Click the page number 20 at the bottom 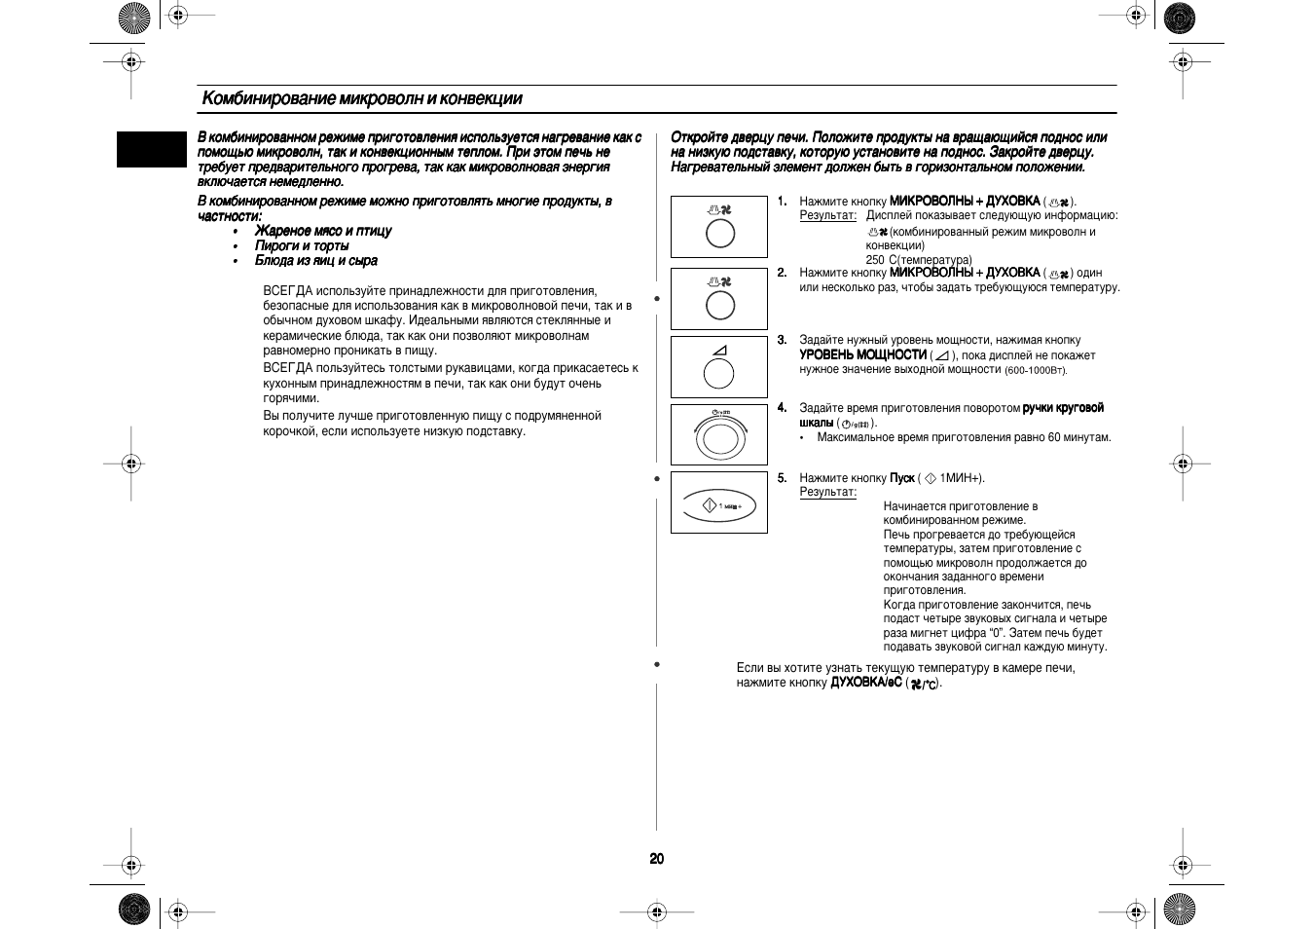click(657, 858)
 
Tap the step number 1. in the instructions click(782, 201)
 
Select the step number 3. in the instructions click(782, 340)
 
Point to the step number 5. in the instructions click(782, 478)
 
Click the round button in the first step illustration click(719, 234)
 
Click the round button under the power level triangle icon click(718, 373)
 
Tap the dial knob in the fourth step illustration click(719, 438)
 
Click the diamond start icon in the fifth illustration click(710, 505)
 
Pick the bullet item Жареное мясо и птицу click(323, 231)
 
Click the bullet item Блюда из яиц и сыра click(316, 261)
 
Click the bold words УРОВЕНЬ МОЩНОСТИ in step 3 click(862, 354)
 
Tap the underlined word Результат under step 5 click(827, 492)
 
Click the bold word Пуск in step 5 click(901, 478)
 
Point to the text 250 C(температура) click(918, 260)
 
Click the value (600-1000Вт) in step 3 click(1036, 370)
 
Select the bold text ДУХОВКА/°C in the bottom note click(865, 683)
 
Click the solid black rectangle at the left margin click(151, 149)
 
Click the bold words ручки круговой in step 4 click(1063, 408)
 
